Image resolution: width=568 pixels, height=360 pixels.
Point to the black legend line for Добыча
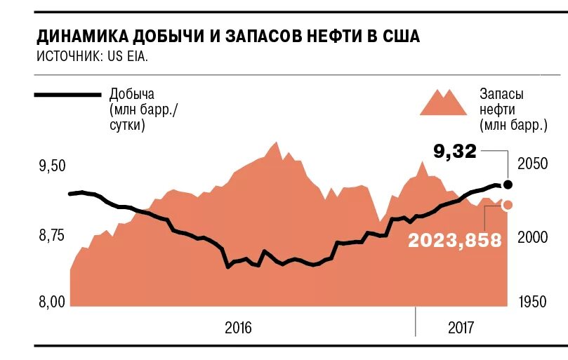tap(67, 95)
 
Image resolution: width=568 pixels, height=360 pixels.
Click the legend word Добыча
tap(131, 94)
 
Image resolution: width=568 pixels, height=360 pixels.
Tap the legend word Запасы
tap(501, 94)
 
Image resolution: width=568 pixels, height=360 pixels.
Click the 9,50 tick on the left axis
tap(52, 166)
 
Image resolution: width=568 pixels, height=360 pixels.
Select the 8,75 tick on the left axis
tap(52, 236)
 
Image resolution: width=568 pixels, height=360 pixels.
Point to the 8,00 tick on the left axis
tap(52, 302)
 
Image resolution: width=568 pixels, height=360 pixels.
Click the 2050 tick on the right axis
tap(531, 164)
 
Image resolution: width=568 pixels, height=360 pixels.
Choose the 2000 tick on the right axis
tap(531, 238)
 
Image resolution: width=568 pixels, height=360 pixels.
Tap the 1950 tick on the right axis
tap(531, 302)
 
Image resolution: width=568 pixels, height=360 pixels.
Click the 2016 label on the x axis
tap(238, 328)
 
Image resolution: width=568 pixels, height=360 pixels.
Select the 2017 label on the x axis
tap(461, 328)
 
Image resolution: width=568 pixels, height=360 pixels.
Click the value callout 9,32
tap(454, 150)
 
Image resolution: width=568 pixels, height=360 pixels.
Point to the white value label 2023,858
tap(455, 240)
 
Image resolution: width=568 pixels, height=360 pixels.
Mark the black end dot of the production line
tap(508, 185)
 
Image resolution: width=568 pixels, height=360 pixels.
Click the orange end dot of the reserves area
tap(508, 204)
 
